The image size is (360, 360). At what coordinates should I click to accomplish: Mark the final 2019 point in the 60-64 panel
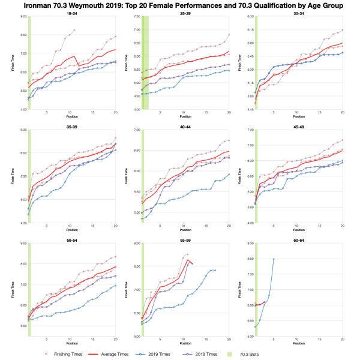pyautogui.click(x=274, y=259)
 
